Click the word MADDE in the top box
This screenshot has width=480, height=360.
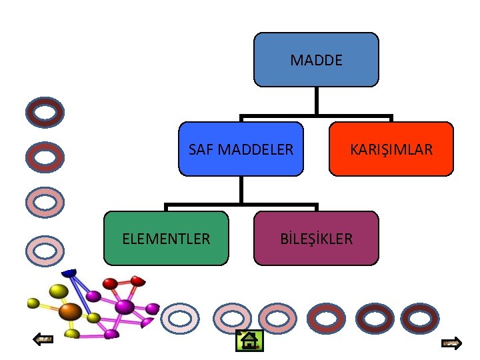click(x=316, y=61)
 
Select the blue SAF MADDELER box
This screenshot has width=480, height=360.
click(x=241, y=149)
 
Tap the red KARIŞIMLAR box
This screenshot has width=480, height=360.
click(x=391, y=149)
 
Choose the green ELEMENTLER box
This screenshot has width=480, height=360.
click(x=166, y=238)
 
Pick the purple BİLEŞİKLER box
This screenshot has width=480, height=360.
click(x=316, y=238)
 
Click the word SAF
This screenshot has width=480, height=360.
click(x=198, y=149)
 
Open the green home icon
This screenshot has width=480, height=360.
click(x=250, y=341)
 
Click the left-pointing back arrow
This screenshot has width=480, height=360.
click(x=44, y=339)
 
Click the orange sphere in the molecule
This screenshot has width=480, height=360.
click(x=69, y=311)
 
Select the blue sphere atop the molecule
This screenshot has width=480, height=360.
click(x=69, y=272)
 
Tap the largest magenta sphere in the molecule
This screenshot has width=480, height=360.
click(x=125, y=307)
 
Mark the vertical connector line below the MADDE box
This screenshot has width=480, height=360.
click(x=316, y=101)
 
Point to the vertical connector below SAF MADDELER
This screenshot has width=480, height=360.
click(x=241, y=190)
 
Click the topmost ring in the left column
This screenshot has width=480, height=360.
click(x=45, y=113)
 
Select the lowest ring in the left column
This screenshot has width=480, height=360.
click(x=45, y=251)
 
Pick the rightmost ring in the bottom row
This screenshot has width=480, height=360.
click(x=419, y=319)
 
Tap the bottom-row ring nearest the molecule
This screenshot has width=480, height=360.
click(x=180, y=319)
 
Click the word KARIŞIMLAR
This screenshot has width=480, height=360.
click(x=391, y=149)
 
